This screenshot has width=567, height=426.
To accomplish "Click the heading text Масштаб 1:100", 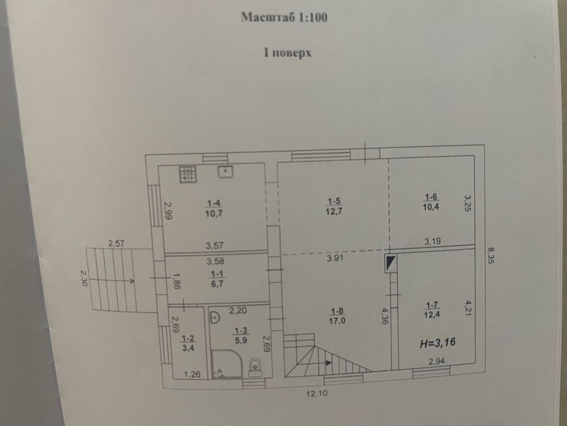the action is point(284,17).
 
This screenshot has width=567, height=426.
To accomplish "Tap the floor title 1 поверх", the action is point(287,53).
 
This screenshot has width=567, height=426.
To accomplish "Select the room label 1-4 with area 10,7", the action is point(214,208).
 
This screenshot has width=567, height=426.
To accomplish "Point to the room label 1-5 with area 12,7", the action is point(334,206).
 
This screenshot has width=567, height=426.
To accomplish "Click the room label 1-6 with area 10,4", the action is point(431,202).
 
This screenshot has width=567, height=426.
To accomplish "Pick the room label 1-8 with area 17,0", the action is point(337,316).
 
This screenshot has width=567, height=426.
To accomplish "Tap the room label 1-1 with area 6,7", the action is point(217,279).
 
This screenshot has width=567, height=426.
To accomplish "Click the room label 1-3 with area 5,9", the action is point(241,336).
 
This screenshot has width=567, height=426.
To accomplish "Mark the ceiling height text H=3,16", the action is point(438,343).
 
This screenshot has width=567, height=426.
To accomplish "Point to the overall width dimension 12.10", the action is point(317,393).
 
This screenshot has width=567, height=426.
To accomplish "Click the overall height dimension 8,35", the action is point(490,255).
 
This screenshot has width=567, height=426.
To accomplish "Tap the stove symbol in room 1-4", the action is point(188,174).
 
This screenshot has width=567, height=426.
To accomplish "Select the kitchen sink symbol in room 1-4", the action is point(225,172).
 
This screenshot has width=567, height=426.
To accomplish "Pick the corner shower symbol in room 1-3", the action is point(227,364).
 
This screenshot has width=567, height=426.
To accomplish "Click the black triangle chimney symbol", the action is point(391,264).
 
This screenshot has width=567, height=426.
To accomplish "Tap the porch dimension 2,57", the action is point(116,244).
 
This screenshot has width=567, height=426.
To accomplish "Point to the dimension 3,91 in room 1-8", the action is point(335,258).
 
